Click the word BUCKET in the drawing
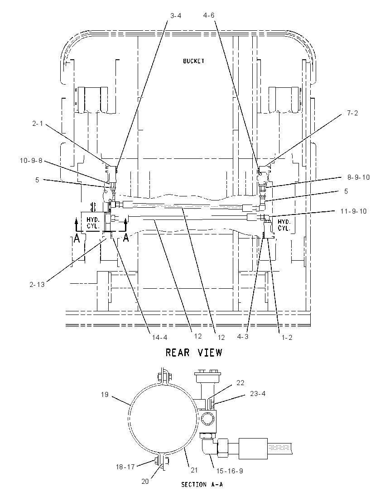click(193, 61)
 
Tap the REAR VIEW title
click(194, 353)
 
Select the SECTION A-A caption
click(202, 484)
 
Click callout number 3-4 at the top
click(176, 16)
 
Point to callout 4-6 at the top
click(209, 15)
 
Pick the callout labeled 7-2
click(352, 113)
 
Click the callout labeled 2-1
click(37, 124)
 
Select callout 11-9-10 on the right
click(354, 211)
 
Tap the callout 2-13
click(37, 284)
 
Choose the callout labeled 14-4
click(159, 337)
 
